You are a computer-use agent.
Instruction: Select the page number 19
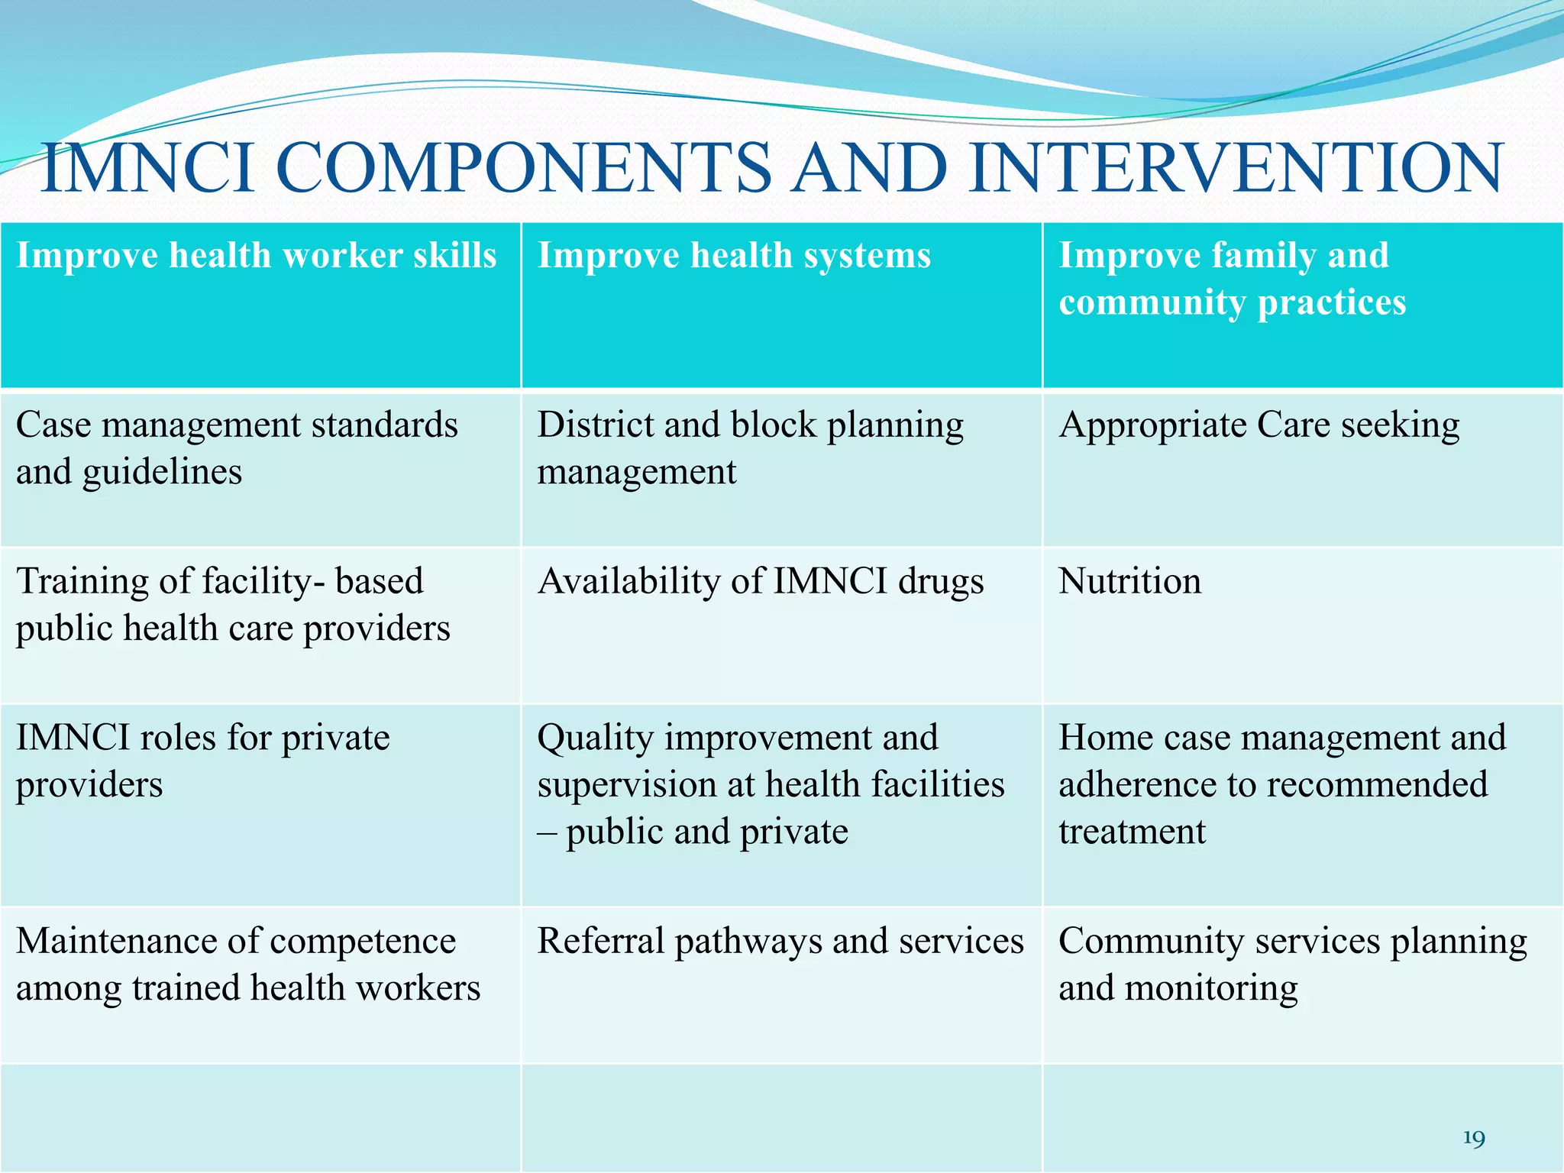[x=1474, y=1139]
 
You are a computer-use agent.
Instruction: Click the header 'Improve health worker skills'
[x=257, y=255]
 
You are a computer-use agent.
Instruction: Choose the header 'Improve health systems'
[x=734, y=255]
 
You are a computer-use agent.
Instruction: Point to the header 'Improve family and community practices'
[x=1231, y=279]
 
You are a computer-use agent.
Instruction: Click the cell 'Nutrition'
[x=1129, y=581]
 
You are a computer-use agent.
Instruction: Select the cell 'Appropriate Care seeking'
[x=1259, y=425]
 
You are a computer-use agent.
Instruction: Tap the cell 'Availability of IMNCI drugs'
[x=760, y=581]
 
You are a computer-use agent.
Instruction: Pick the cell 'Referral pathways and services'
[x=780, y=941]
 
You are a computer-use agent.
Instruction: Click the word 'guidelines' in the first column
[x=162, y=473]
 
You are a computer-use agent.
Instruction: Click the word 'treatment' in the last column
[x=1132, y=832]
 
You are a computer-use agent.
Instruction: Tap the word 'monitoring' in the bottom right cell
[x=1211, y=988]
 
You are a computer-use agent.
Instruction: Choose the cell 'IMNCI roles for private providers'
[x=202, y=761]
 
